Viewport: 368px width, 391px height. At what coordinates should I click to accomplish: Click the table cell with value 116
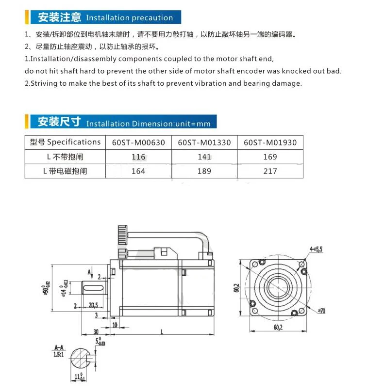[x=138, y=156]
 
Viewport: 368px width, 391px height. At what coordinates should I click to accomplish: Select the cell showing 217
[x=270, y=171]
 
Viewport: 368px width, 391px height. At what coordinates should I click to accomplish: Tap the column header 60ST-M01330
[x=204, y=142]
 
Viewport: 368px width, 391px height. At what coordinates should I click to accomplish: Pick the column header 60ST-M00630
[x=138, y=142]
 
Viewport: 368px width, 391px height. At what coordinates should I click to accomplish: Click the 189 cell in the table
[x=204, y=171]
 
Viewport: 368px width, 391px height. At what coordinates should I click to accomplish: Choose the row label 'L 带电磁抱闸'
[x=65, y=171]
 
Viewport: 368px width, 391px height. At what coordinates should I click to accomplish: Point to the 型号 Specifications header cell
[x=65, y=142]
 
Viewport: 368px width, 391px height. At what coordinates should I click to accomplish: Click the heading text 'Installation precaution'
[x=129, y=18]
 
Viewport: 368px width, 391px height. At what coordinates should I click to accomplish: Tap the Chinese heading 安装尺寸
[x=59, y=122]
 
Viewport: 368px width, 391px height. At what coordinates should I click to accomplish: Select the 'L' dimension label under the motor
[x=162, y=332]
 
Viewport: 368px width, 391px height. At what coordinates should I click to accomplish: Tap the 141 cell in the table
[x=204, y=156]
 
